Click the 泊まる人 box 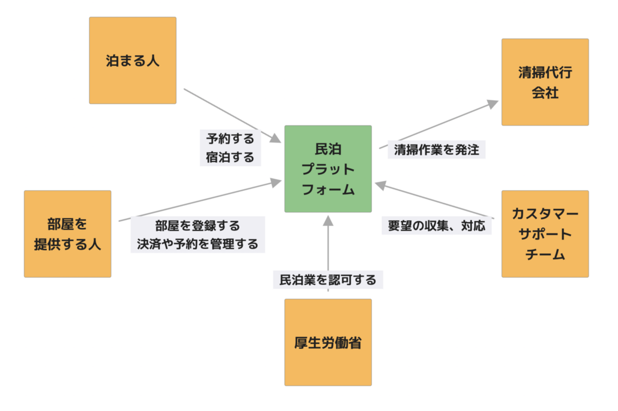pos(133,60)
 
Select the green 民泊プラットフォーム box pos(328,169)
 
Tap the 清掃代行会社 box pos(545,82)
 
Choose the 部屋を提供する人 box pos(68,234)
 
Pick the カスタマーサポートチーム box pos(545,234)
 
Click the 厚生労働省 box pos(328,342)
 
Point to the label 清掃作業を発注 pos(436,150)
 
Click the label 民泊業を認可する pos(328,280)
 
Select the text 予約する pos(231,139)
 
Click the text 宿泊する pos(231,157)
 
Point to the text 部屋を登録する pos(197,225)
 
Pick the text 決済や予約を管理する pos(197,244)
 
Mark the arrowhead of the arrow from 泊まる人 pos(276,139)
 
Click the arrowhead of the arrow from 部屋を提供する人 pos(276,181)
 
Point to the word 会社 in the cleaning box pos(545,93)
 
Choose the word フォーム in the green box pos(328,189)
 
